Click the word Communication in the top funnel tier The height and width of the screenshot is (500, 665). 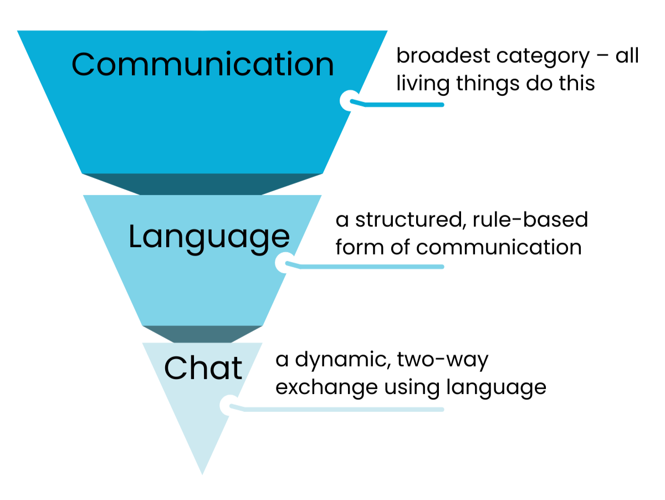(203, 64)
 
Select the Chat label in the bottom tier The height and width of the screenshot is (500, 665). (203, 368)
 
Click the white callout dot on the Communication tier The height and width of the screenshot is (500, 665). (349, 100)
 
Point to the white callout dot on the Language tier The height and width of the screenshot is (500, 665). (284, 263)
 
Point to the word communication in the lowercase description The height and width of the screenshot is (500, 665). (499, 247)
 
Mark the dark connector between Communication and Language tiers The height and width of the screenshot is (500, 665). (202, 184)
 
